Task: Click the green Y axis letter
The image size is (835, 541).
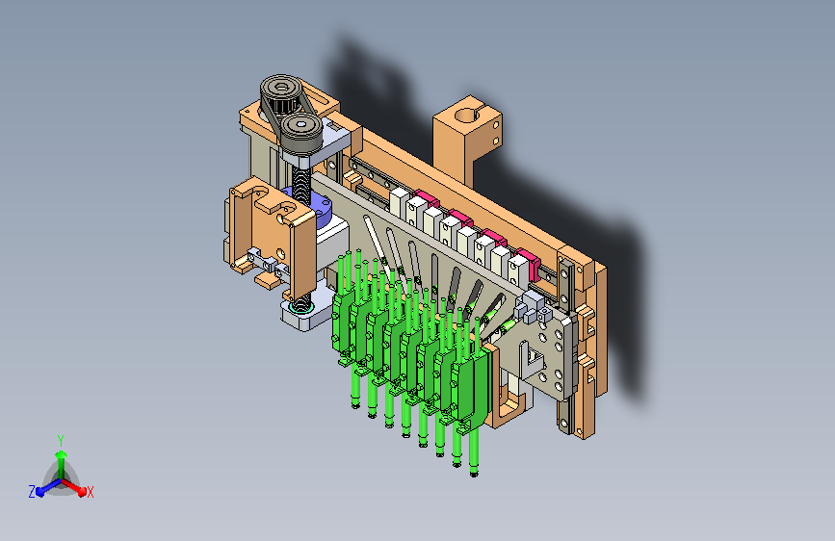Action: (61, 441)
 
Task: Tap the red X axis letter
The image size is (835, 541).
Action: (90, 493)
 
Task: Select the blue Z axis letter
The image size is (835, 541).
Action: (32, 492)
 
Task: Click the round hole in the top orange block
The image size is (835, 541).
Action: (467, 115)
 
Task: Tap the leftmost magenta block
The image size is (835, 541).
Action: (427, 198)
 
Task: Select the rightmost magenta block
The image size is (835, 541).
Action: (529, 260)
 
